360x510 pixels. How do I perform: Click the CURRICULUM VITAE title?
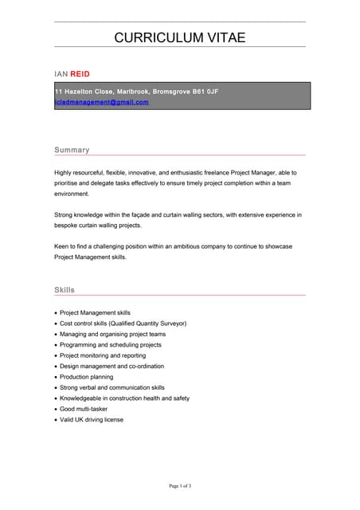[179, 37]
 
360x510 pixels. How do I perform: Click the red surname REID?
[80, 73]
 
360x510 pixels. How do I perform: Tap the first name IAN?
[61, 73]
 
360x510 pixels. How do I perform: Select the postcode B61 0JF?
[202, 92]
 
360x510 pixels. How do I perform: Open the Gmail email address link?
[101, 102]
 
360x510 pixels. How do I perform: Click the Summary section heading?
[72, 150]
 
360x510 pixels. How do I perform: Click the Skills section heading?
[65, 290]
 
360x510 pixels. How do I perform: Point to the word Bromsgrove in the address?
[165, 92]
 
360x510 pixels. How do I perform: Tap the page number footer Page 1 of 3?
[179, 485]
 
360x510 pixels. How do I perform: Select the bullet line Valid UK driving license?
[92, 420]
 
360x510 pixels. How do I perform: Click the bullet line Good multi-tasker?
[84, 409]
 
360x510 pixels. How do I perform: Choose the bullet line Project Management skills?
[95, 312]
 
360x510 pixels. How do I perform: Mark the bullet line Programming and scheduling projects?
[111, 345]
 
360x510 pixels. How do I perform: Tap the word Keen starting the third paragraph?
[62, 247]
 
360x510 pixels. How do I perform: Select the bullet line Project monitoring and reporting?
[103, 355]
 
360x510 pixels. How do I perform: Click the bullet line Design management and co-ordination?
[112, 367]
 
